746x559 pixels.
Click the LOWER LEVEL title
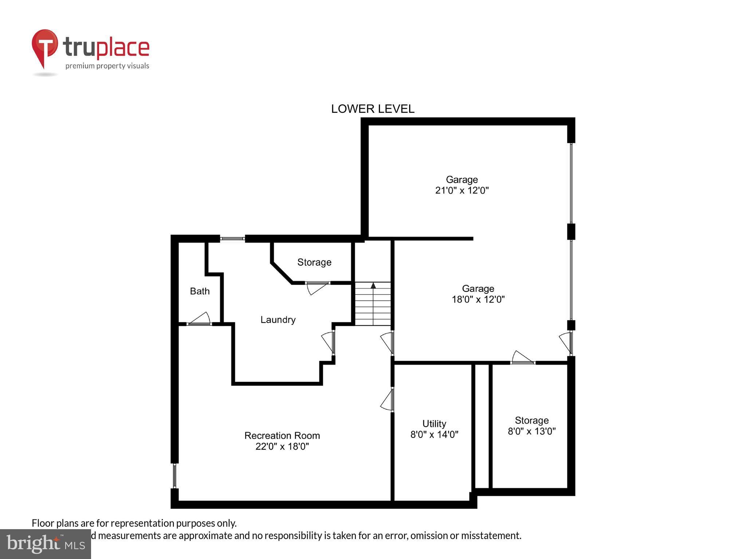pyautogui.click(x=372, y=109)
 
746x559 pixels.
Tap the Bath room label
pyautogui.click(x=200, y=291)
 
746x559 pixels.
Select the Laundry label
pyautogui.click(x=278, y=320)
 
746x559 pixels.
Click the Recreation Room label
pyautogui.click(x=282, y=435)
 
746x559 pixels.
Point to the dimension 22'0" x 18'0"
pyautogui.click(x=282, y=446)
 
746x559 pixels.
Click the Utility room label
pyautogui.click(x=434, y=424)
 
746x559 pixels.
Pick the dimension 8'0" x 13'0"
pyautogui.click(x=531, y=431)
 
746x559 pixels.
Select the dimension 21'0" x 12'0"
pyautogui.click(x=462, y=190)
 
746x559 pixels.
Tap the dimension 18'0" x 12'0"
pyautogui.click(x=478, y=300)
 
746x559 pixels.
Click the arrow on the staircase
pyautogui.click(x=373, y=286)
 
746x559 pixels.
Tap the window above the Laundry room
pyautogui.click(x=232, y=239)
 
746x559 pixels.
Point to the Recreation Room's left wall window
pyautogui.click(x=174, y=475)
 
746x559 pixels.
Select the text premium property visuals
pyautogui.click(x=107, y=66)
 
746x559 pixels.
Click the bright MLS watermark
pyautogui.click(x=45, y=543)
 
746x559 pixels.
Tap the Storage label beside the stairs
pyautogui.click(x=314, y=262)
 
